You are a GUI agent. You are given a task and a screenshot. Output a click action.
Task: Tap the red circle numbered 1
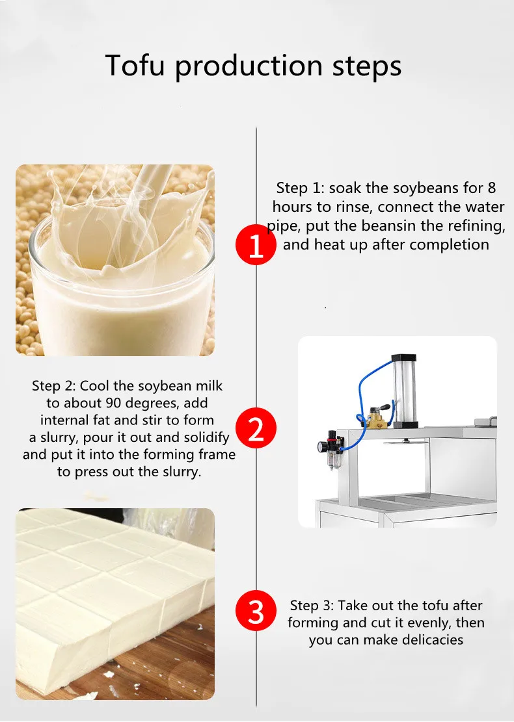click(256, 244)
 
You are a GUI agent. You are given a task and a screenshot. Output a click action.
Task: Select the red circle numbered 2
click(256, 428)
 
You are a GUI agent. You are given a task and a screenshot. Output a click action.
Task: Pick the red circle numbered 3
click(256, 611)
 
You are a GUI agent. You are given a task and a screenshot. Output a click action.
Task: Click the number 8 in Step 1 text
click(491, 188)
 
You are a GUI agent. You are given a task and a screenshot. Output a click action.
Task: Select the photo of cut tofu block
click(115, 604)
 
